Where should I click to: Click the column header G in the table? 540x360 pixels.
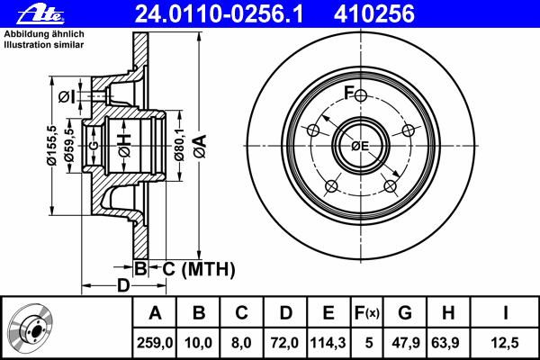(405, 313)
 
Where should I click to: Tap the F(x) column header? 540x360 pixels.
(366, 313)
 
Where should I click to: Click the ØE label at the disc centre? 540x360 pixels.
(360, 147)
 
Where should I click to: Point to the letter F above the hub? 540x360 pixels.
(349, 92)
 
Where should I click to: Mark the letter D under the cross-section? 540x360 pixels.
(123, 286)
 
